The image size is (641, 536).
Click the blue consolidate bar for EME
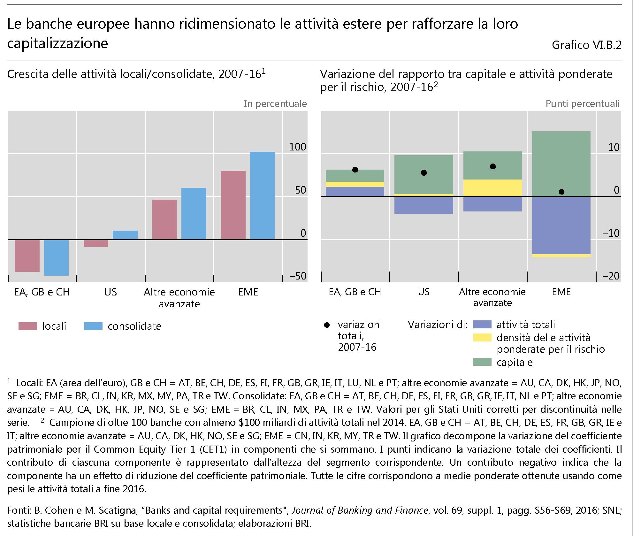[262, 195]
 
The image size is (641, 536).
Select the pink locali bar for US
[96, 243]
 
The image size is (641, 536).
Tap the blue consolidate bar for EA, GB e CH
[56, 257]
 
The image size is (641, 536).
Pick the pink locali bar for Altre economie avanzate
[164, 219]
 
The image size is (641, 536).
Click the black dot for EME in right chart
[561, 192]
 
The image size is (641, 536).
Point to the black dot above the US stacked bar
[424, 173]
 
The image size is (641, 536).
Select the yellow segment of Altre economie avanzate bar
[492, 188]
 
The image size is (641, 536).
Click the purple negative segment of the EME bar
[561, 225]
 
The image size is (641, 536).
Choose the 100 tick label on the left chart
[297, 147]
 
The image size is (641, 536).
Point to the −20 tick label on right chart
[611, 276]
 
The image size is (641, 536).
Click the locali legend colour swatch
[28, 326]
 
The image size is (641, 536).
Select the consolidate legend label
[134, 326]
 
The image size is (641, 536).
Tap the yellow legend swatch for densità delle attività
[482, 338]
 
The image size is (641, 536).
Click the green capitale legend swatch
[482, 362]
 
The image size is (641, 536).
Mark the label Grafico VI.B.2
[586, 45]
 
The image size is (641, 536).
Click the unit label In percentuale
[275, 104]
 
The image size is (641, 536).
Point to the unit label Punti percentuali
[582, 104]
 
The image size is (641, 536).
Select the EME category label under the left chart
[248, 292]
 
